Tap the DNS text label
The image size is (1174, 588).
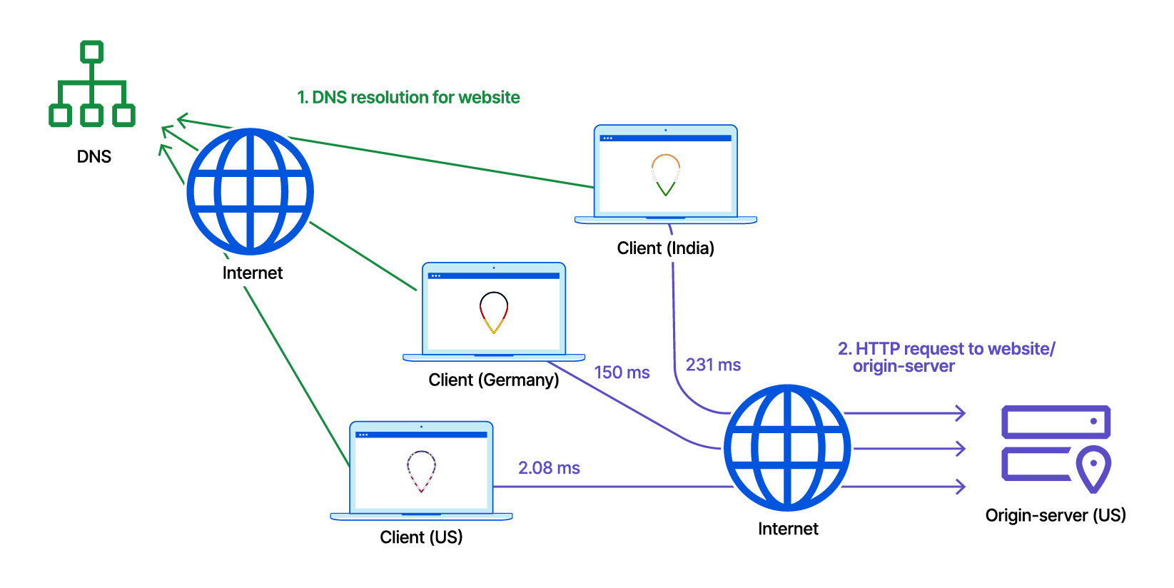click(94, 157)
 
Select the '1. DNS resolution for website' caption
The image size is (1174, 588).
click(408, 98)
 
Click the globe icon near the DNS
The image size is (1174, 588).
click(250, 191)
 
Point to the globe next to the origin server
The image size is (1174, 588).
click(787, 447)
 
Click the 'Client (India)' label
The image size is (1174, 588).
click(665, 248)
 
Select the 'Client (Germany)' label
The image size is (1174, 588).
click(493, 380)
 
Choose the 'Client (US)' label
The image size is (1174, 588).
click(421, 537)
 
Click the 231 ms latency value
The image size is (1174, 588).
click(713, 365)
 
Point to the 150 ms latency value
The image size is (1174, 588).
click(622, 372)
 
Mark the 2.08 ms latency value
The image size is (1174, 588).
click(549, 468)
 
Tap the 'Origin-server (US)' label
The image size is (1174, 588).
click(1055, 515)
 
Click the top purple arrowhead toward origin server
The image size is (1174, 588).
click(961, 413)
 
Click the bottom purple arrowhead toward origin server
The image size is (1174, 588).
click(961, 487)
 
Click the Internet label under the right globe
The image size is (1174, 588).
click(788, 529)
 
